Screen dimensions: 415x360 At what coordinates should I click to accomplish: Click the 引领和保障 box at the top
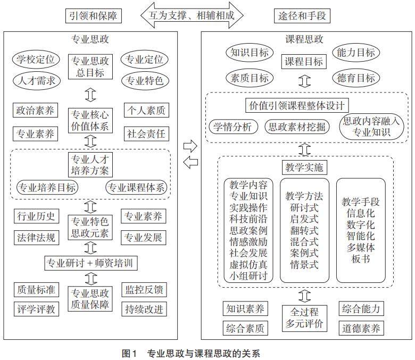(x=94, y=15)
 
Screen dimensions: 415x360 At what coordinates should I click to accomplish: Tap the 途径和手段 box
(x=302, y=15)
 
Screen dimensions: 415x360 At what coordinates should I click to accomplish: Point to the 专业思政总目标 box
(x=90, y=66)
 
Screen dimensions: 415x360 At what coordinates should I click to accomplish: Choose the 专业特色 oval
(x=145, y=81)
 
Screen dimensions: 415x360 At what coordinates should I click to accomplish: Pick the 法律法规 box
(x=36, y=237)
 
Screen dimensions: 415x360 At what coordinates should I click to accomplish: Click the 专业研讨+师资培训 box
(x=90, y=262)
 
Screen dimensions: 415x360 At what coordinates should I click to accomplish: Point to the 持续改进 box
(x=145, y=308)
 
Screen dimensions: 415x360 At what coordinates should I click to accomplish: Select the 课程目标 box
(x=303, y=62)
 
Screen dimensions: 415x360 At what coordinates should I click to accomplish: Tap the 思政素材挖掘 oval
(x=298, y=127)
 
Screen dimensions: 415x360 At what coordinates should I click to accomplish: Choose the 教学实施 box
(x=304, y=168)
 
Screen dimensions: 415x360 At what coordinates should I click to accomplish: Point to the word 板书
(x=360, y=259)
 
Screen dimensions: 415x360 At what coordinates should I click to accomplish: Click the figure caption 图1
(x=129, y=353)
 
